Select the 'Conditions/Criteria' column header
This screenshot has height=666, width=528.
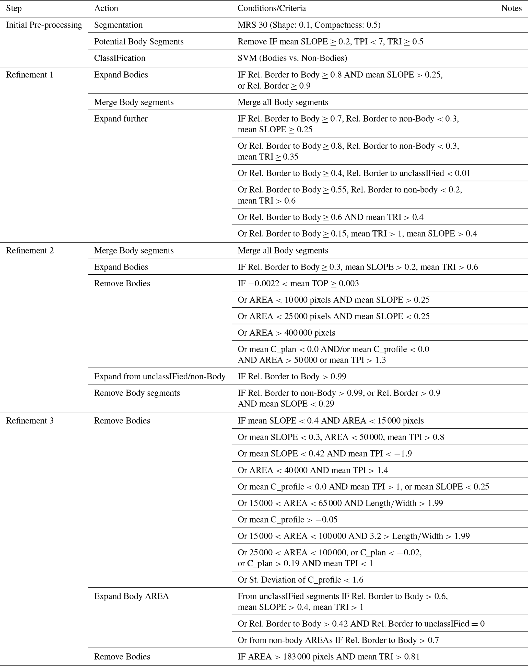pyautogui.click(x=272, y=8)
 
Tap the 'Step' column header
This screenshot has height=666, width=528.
pyautogui.click(x=14, y=8)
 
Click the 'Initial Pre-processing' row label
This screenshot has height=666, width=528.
pyautogui.click(x=44, y=25)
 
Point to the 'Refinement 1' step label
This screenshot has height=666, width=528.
pyautogui.click(x=30, y=75)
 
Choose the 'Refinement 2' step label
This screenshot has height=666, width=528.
pyautogui.click(x=30, y=251)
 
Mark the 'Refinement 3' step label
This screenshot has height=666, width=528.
pyautogui.click(x=30, y=421)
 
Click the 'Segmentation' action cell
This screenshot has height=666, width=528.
pyautogui.click(x=118, y=25)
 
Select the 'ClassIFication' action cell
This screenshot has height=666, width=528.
pyautogui.click(x=120, y=58)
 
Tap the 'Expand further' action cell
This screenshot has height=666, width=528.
pyautogui.click(x=121, y=119)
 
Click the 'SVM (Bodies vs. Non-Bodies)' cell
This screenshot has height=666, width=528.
pyautogui.click(x=292, y=58)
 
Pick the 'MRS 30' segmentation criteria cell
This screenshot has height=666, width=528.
pyautogui.click(x=309, y=25)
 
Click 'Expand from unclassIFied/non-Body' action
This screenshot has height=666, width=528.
pyautogui.click(x=159, y=377)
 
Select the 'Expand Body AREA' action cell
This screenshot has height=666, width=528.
pyautogui.click(x=131, y=596)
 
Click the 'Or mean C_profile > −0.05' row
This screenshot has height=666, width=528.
pyautogui.click(x=287, y=520)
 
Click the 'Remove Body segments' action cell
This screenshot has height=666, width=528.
pyautogui.click(x=137, y=393)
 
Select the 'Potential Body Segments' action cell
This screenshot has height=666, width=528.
pyautogui.click(x=139, y=42)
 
